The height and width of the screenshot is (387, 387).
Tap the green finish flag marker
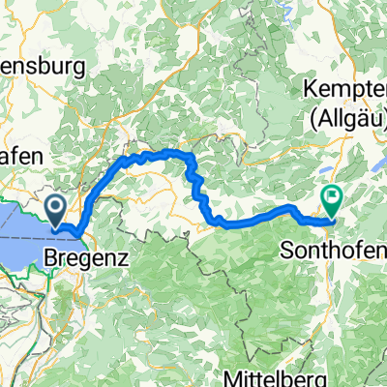click(x=332, y=198)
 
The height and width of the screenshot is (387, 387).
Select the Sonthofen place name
click(x=333, y=247)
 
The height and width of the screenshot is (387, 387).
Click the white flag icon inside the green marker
click(x=332, y=196)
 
